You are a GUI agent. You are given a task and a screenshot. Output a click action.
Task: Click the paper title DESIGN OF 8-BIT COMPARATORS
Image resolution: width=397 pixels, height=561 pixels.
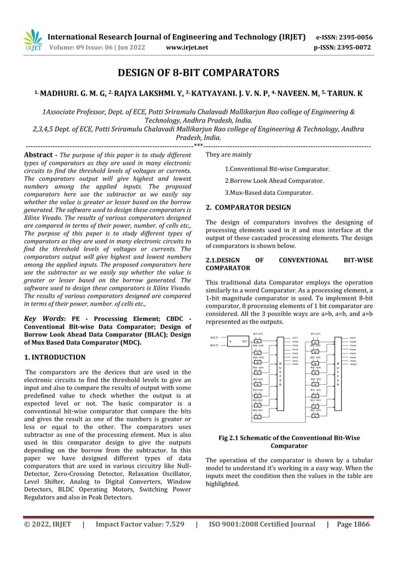tap(198, 73)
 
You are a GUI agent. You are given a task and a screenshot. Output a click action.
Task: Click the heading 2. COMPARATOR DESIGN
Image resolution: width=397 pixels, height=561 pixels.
tap(248, 207)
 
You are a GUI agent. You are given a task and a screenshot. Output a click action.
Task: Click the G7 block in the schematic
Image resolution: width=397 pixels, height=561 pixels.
tap(245, 341)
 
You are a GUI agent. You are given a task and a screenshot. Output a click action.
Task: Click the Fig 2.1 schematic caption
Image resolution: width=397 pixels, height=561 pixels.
tap(289, 442)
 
